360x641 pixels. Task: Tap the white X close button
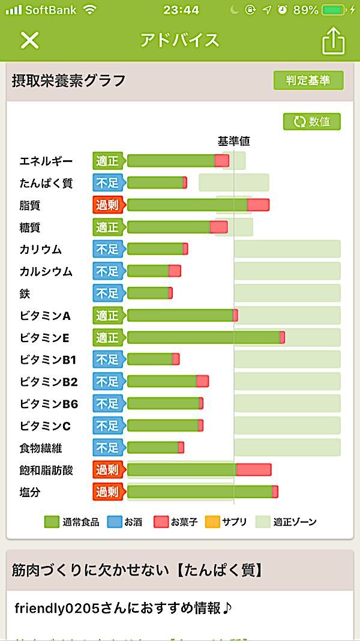29,40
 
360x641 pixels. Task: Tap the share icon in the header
334,41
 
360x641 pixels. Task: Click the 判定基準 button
308,80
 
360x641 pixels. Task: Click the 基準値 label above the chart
233,142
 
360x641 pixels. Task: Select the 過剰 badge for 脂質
107,205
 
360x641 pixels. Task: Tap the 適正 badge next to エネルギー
107,161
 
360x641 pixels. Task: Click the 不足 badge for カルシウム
107,271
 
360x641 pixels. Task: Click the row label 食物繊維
41,448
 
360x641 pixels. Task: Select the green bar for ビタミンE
203,338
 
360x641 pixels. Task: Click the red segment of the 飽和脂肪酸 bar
254,470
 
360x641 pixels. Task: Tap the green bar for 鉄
148,293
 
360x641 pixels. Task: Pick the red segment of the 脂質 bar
258,205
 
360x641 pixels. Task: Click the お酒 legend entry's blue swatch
115,522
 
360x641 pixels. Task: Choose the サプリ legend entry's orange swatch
212,522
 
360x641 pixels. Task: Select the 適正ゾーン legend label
295,522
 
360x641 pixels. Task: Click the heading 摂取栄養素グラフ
68,80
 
